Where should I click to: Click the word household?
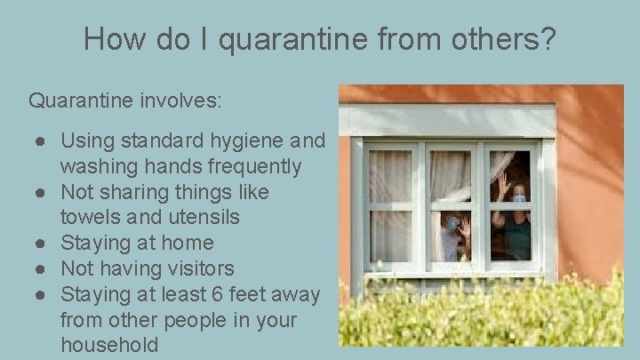110,345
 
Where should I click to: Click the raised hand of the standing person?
503,185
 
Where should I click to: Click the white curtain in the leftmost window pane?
388,205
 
